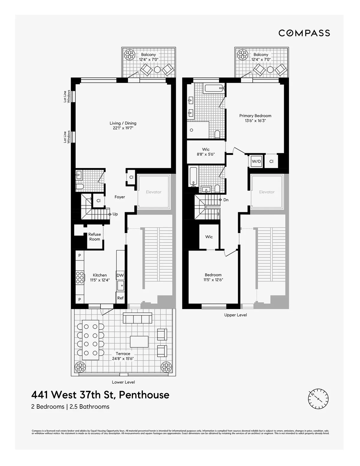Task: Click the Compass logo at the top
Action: (x=304, y=33)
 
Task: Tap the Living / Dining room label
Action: (x=123, y=125)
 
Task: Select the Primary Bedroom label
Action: (x=255, y=118)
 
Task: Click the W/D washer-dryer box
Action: (x=256, y=161)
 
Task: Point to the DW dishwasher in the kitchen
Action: (x=120, y=275)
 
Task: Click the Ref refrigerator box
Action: (x=120, y=298)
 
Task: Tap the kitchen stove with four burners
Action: (x=80, y=278)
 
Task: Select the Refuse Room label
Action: (x=94, y=237)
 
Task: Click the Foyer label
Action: (x=120, y=197)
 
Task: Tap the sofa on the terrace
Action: (x=137, y=318)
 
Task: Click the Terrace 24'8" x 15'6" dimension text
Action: (x=123, y=356)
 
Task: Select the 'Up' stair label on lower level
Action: (x=115, y=214)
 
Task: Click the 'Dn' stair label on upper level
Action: (x=226, y=200)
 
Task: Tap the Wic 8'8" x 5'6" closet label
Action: (x=206, y=152)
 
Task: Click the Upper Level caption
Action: (x=235, y=315)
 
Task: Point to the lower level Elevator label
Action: (x=154, y=192)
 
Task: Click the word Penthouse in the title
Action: (x=144, y=395)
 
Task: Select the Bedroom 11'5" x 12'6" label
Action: (x=213, y=277)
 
